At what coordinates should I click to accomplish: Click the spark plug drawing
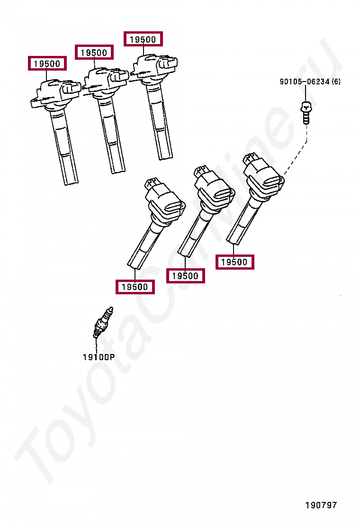tap(103, 322)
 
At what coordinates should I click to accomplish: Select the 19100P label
tap(99, 357)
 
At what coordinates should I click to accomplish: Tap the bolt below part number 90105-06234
tap(306, 112)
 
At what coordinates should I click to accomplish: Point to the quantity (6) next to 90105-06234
tap(335, 82)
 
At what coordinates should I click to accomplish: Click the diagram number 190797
tap(321, 505)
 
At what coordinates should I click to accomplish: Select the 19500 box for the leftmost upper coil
tap(47, 64)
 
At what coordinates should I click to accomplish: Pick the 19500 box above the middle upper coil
tap(94, 53)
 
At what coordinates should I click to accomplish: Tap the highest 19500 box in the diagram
tap(143, 39)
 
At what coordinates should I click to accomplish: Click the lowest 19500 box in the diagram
tap(135, 287)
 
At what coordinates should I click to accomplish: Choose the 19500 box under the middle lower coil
tap(185, 276)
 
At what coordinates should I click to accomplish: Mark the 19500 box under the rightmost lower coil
tap(234, 262)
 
